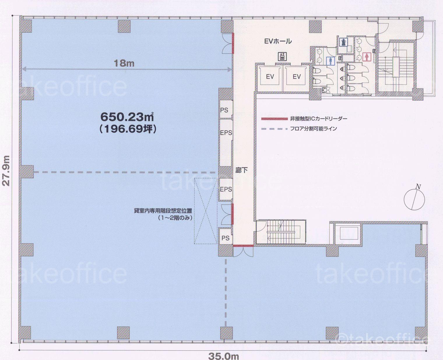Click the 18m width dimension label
pyautogui.click(x=124, y=63)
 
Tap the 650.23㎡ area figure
pyautogui.click(x=127, y=117)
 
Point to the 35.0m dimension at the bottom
pyautogui.click(x=224, y=356)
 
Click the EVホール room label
pyautogui.click(x=278, y=41)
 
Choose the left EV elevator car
pyautogui.click(x=270, y=77)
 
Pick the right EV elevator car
pyautogui.click(x=297, y=77)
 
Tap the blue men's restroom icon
pyautogui.click(x=330, y=61)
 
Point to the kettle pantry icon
pyautogui.click(x=342, y=42)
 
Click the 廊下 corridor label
pyautogui.click(x=242, y=170)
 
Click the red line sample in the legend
pyautogui.click(x=274, y=119)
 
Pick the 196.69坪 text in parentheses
pyautogui.click(x=127, y=130)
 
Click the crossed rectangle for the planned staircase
pyautogui.click(x=205, y=211)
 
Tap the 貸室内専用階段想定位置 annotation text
pyautogui.click(x=163, y=211)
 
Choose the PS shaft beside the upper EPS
pyautogui.click(x=224, y=110)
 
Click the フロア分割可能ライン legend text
pyautogui.click(x=313, y=129)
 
